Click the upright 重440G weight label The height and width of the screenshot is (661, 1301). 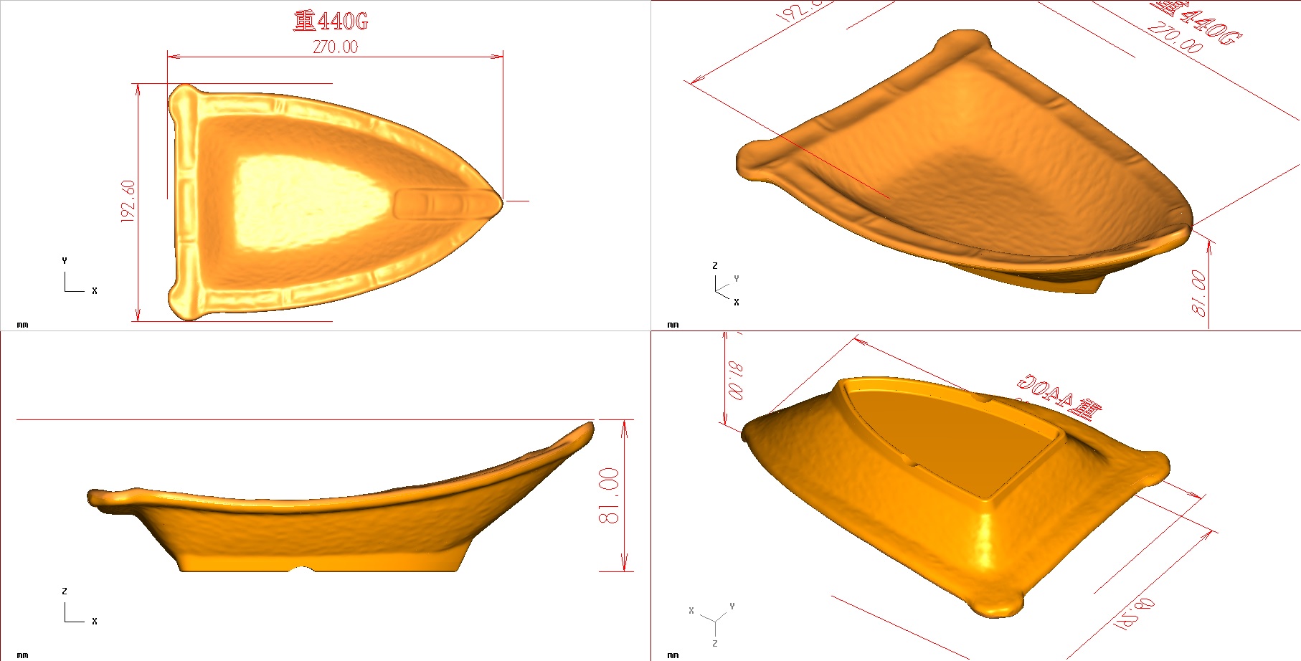point(331,21)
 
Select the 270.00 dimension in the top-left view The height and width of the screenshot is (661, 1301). point(335,47)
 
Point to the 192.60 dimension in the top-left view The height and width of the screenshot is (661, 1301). point(128,201)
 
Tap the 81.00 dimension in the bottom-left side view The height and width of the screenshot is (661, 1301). point(609,495)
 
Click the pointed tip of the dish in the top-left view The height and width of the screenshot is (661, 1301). point(499,201)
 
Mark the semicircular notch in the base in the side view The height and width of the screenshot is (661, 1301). point(302,570)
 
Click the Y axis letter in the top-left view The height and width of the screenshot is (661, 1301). point(65,261)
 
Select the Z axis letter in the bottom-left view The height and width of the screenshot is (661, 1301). point(65,591)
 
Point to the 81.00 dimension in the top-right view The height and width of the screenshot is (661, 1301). point(1198,293)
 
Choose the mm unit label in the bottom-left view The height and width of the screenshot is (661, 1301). point(22,655)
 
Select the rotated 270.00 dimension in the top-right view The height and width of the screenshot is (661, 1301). point(1174,37)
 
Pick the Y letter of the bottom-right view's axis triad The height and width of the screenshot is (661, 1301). point(732,607)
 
